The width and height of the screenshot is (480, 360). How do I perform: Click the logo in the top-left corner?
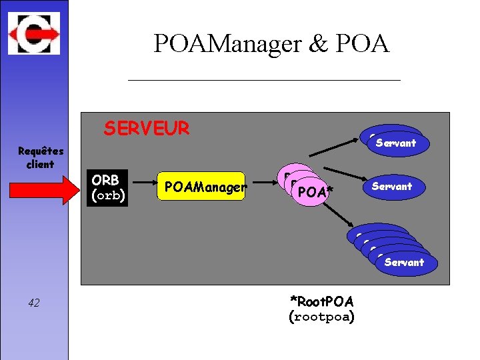click(34, 33)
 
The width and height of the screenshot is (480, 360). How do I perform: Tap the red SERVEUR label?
click(146, 128)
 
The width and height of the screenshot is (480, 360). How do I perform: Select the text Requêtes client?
click(40, 158)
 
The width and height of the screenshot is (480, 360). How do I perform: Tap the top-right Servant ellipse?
click(396, 143)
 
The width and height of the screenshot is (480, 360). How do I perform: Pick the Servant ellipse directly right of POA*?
click(391, 187)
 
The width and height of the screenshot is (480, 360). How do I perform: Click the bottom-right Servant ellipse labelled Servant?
click(404, 262)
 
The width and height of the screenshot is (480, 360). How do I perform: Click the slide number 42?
click(34, 303)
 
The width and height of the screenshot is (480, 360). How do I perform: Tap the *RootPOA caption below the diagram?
click(321, 301)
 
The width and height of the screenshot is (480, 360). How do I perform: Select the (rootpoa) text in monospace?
click(321, 317)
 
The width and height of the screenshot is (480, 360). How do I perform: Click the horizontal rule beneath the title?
click(264, 80)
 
